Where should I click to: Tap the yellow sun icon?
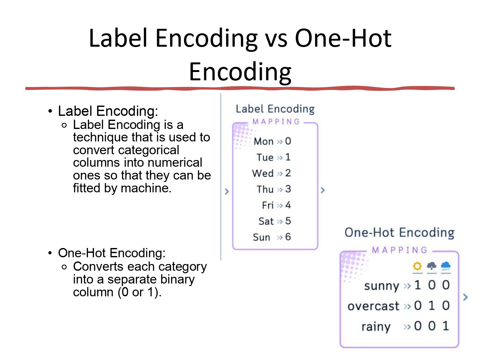click(417, 266)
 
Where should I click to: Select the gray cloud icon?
click(432, 266)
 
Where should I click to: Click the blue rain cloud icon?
click(446, 266)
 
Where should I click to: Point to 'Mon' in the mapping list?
click(264, 141)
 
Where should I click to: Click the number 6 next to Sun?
click(288, 237)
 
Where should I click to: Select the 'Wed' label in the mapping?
click(263, 173)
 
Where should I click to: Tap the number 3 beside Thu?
click(288, 189)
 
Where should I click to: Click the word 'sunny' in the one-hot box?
click(382, 286)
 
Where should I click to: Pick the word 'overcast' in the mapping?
click(373, 306)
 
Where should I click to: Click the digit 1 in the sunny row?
click(417, 285)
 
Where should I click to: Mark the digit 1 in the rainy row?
click(446, 326)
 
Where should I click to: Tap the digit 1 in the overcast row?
click(432, 306)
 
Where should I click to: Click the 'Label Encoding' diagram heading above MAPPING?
click(275, 109)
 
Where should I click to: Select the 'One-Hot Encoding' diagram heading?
click(399, 233)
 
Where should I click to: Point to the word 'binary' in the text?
click(177, 279)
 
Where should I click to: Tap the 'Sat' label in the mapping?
click(266, 221)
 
